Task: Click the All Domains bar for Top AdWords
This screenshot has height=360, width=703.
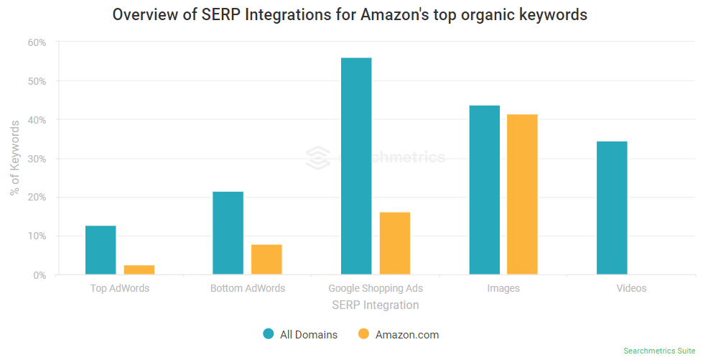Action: [101, 250]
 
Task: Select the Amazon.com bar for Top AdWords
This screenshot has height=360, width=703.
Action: [139, 269]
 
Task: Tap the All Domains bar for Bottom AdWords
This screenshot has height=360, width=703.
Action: [228, 233]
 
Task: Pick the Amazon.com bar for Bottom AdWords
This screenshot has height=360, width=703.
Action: [266, 259]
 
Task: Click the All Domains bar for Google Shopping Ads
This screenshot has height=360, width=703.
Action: [356, 166]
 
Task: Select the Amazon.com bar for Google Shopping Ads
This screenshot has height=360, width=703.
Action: [394, 243]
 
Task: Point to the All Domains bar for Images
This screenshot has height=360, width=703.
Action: [484, 190]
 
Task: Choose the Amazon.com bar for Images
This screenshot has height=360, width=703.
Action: [522, 194]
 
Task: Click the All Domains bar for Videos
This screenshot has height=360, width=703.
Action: [612, 208]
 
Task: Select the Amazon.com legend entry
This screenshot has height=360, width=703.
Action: [399, 334]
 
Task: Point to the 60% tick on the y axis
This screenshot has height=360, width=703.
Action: [36, 42]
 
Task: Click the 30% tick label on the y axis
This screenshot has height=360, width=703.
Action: [36, 159]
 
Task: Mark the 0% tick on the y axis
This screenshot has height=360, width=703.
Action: [39, 275]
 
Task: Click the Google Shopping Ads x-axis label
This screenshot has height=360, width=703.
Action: [376, 289]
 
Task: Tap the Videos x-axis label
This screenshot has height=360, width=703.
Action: [631, 289]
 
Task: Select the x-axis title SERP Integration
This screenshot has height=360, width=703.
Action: [376, 305]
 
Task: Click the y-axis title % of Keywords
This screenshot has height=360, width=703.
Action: [15, 159]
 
